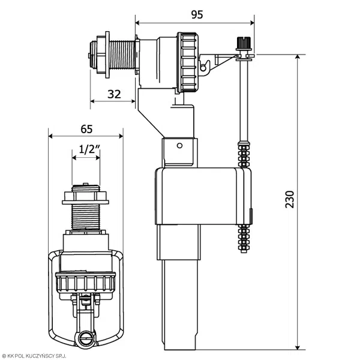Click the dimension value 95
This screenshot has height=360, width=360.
coord(197,14)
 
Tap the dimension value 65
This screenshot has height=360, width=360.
coord(86,128)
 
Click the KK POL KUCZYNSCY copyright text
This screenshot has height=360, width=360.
coord(43,356)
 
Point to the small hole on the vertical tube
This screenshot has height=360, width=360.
coord(179,146)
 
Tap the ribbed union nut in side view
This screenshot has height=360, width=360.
coord(187,62)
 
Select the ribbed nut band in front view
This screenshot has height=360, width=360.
coord(86,281)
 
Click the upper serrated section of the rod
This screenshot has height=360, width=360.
coord(243,155)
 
